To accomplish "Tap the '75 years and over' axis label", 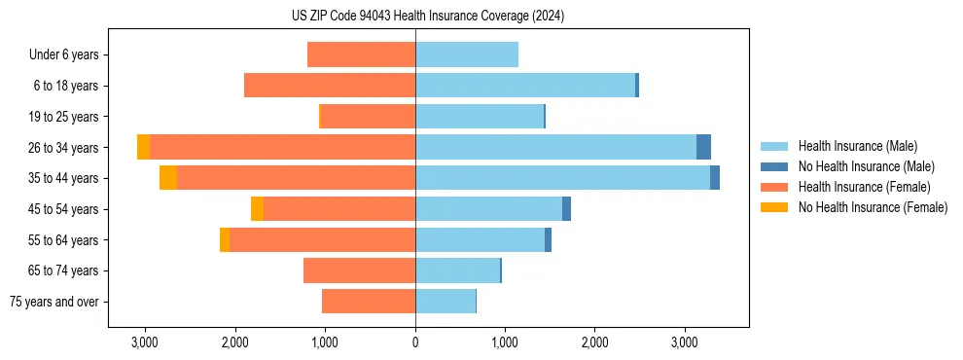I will point(54,302).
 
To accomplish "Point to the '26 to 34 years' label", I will point(64,147).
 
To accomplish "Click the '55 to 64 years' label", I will point(64,239).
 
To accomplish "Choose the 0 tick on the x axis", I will point(415,342).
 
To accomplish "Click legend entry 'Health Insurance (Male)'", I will point(857,146).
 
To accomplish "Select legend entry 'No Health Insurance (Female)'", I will point(873,207).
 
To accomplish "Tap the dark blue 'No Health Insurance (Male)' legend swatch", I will point(774,166).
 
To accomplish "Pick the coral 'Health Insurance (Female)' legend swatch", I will point(774,187).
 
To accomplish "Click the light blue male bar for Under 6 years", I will point(467,54).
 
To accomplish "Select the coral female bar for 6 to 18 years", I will point(330,86).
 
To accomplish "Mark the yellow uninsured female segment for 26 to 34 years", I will point(143,147).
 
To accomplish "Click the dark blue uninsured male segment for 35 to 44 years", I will point(715,178).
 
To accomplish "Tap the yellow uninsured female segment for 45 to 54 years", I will point(257,209).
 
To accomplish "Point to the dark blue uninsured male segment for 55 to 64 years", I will point(548,239).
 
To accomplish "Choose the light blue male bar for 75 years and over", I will point(446,302).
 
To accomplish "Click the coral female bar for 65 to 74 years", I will point(359,270).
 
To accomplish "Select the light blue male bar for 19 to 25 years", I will point(480,117).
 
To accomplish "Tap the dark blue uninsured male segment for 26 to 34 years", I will point(703,147).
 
